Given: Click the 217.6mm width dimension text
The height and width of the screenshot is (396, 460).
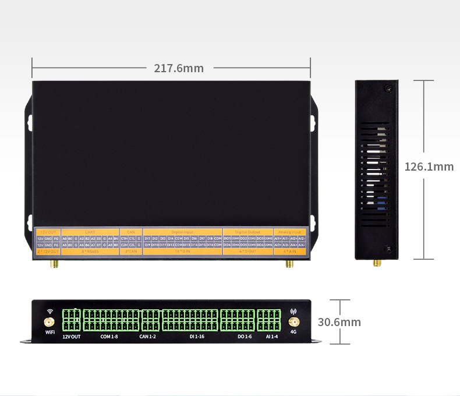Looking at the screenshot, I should pyautogui.click(x=179, y=68).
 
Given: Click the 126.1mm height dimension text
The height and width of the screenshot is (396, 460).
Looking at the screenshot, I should pyautogui.click(x=429, y=167).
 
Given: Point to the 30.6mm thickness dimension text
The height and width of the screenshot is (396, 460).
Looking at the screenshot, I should pyautogui.click(x=339, y=322).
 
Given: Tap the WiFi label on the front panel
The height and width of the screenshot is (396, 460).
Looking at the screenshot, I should pyautogui.click(x=49, y=332).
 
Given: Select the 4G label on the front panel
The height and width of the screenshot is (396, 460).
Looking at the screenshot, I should pyautogui.click(x=293, y=332).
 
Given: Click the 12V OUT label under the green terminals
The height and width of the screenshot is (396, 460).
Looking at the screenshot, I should pyautogui.click(x=73, y=337).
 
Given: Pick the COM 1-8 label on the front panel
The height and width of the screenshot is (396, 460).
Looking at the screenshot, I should pyautogui.click(x=109, y=337).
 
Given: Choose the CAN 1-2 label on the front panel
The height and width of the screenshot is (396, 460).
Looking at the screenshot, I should pyautogui.click(x=147, y=337).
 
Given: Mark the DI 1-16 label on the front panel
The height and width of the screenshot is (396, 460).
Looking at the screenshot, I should pyautogui.click(x=196, y=337).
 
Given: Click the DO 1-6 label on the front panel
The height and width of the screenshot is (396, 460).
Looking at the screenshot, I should pyautogui.click(x=244, y=337).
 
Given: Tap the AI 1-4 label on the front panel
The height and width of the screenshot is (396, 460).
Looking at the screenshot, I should pyautogui.click(x=271, y=337).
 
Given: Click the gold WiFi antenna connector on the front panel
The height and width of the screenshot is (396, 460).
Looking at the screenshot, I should pyautogui.click(x=49, y=322).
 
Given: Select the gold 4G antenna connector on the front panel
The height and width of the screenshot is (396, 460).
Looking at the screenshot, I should pyautogui.click(x=293, y=322).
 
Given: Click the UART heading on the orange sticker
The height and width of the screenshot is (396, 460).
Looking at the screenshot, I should pyautogui.click(x=90, y=232).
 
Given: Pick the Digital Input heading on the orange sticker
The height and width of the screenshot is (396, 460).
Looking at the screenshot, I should pyautogui.click(x=182, y=232).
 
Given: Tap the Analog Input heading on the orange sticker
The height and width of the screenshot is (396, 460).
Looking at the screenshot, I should pyautogui.click(x=289, y=232).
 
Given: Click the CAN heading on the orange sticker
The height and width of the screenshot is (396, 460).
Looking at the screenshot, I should pyautogui.click(x=131, y=232).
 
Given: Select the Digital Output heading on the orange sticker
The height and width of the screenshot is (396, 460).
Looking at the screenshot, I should pyautogui.click(x=248, y=232).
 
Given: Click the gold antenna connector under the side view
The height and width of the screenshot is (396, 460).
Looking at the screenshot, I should pyautogui.click(x=377, y=263).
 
